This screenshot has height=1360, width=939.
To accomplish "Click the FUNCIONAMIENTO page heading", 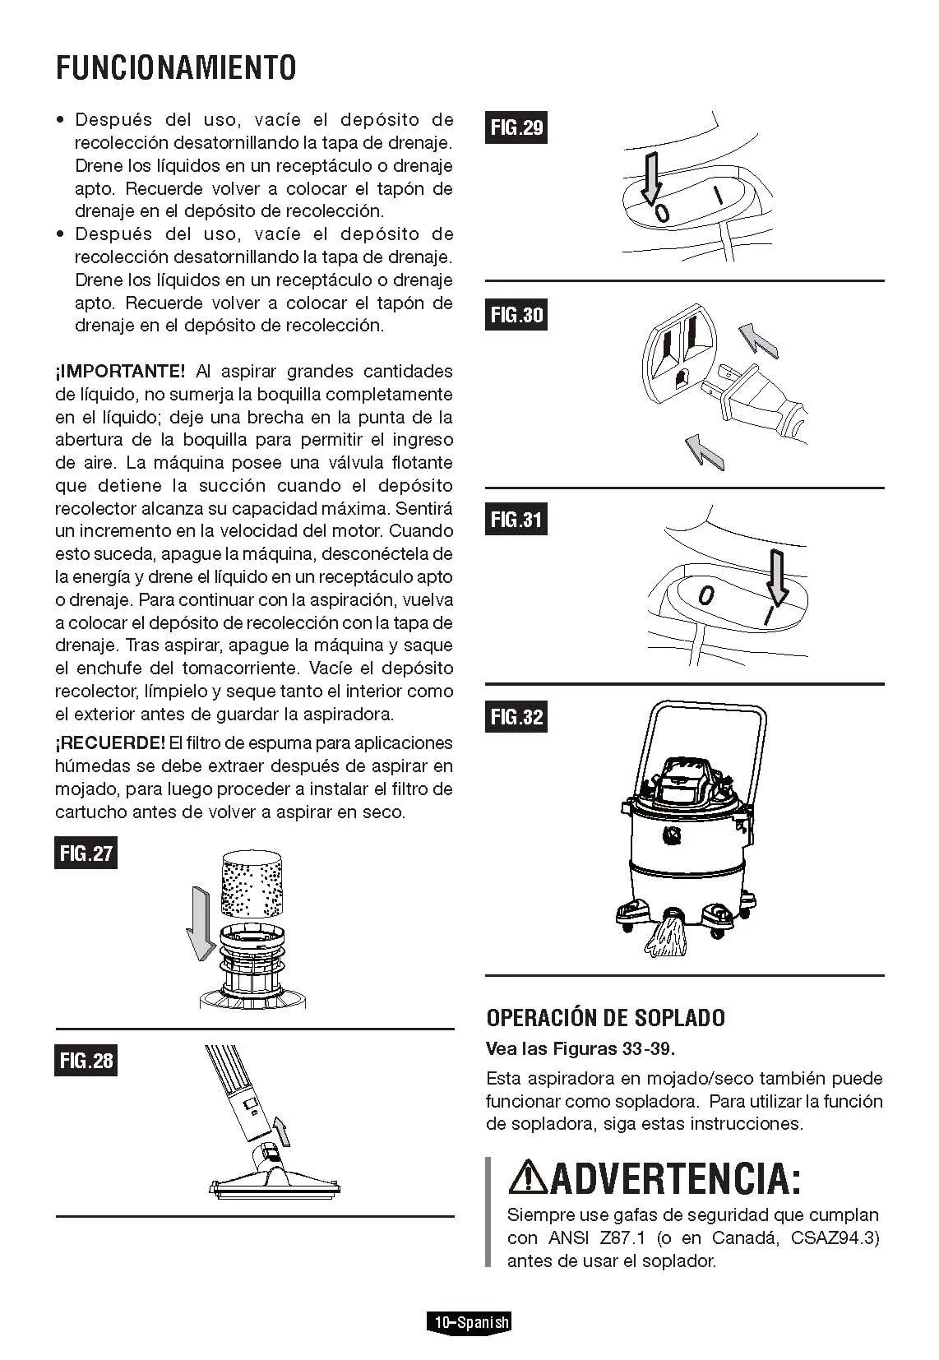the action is pyautogui.click(x=176, y=67).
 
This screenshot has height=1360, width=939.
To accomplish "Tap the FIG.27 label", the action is pyautogui.click(x=86, y=853).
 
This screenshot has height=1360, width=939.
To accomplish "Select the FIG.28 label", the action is pyautogui.click(x=86, y=1060).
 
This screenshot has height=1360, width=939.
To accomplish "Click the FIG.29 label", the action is pyautogui.click(x=516, y=127).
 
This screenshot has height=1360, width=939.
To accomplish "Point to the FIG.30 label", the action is pyautogui.click(x=516, y=314).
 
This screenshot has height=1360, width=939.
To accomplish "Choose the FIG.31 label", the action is pyautogui.click(x=516, y=519).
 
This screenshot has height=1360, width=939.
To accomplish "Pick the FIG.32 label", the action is pyautogui.click(x=516, y=716).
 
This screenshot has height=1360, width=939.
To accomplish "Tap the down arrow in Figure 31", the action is pyautogui.click(x=776, y=577).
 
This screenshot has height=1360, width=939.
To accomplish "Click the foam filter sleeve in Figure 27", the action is pyautogui.click(x=252, y=884).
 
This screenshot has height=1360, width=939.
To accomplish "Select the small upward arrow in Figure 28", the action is pyautogui.click(x=280, y=1131).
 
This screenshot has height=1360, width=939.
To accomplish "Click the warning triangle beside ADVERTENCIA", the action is pyautogui.click(x=528, y=1176).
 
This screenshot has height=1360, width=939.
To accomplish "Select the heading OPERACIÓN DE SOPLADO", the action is pyautogui.click(x=606, y=1018).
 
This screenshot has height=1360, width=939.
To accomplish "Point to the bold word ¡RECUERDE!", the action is pyautogui.click(x=110, y=742).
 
